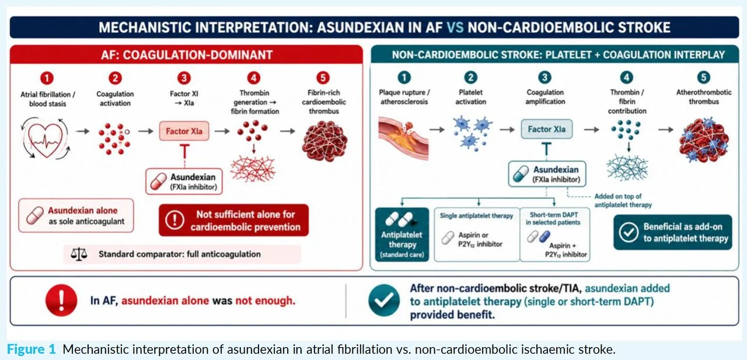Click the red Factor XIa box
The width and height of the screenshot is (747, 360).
[184, 131]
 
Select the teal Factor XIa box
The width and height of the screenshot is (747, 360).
[547, 129]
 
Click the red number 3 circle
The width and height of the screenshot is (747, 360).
[184, 78]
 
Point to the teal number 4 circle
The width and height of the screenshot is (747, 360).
[626, 78]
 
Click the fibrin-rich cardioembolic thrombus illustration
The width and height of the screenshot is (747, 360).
[324, 141]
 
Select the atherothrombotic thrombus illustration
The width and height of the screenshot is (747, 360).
[704, 139]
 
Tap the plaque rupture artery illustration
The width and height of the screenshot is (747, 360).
[403, 137]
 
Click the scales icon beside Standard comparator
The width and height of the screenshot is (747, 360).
[79, 254]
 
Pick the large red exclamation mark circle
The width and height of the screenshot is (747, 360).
[61, 300]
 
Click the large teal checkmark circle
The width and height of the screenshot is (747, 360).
[384, 300]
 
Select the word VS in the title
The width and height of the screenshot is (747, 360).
[455, 27]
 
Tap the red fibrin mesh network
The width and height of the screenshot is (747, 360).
[253, 169]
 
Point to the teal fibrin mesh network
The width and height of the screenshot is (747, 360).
[627, 167]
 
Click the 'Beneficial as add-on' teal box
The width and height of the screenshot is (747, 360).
[673, 232]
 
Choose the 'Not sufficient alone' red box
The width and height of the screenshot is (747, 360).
[234, 221]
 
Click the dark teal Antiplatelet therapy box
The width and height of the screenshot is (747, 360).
[402, 235]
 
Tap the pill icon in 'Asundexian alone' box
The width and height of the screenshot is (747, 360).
[35, 215]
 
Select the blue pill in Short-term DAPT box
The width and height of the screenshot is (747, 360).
[544, 236]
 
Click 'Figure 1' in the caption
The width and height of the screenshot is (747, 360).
[32, 349]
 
